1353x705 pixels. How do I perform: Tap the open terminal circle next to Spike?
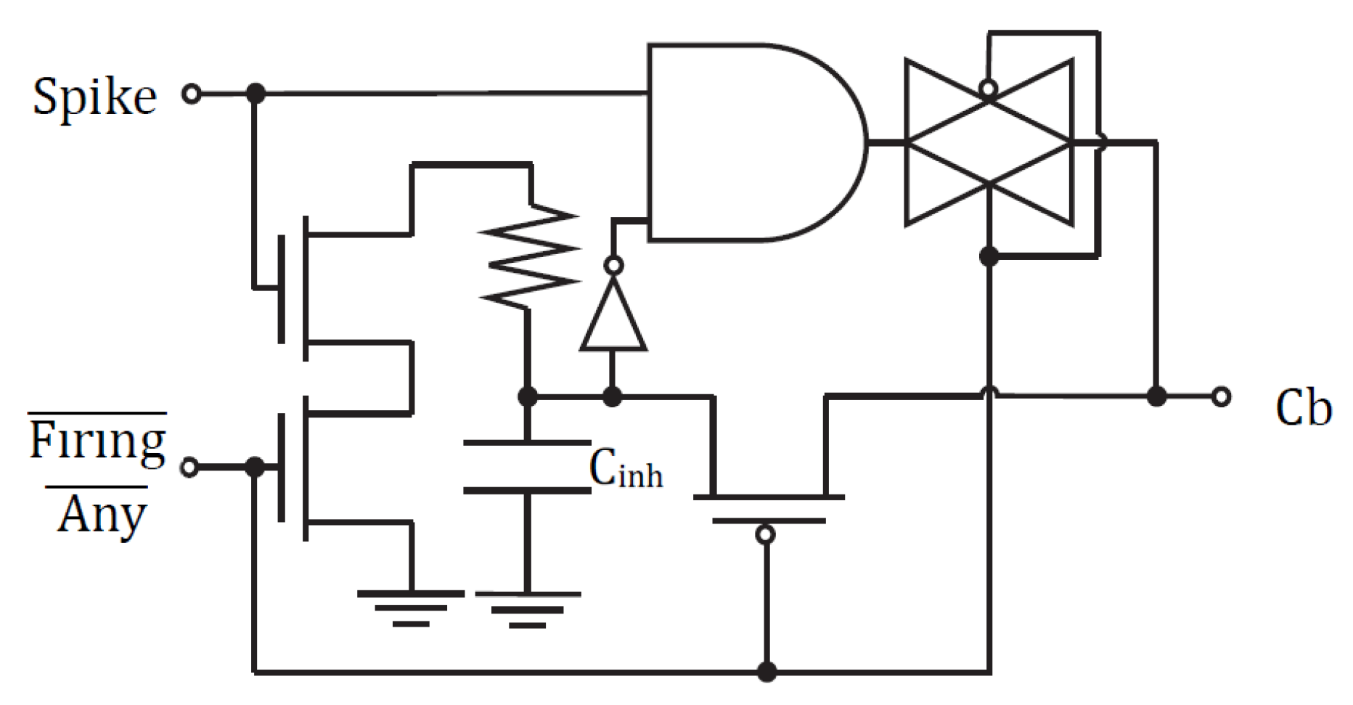191,94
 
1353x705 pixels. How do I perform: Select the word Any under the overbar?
102,514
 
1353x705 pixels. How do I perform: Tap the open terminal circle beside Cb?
1222,396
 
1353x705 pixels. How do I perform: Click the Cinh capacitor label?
626,469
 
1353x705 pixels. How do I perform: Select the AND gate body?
748,142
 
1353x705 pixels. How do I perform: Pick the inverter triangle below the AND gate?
613,319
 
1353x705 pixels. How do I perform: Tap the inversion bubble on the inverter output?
613,266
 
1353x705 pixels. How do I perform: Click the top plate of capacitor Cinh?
528,441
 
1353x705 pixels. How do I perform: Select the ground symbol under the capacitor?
528,608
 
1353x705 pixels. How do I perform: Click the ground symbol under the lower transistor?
411,607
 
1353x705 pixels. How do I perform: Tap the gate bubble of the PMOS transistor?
765,535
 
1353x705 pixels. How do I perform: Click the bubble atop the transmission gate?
988,89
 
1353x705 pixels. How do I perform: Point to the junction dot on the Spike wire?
255,93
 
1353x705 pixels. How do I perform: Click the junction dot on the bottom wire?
767,671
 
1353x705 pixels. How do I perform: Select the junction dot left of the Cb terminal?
1156,396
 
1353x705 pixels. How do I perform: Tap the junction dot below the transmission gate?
988,256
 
